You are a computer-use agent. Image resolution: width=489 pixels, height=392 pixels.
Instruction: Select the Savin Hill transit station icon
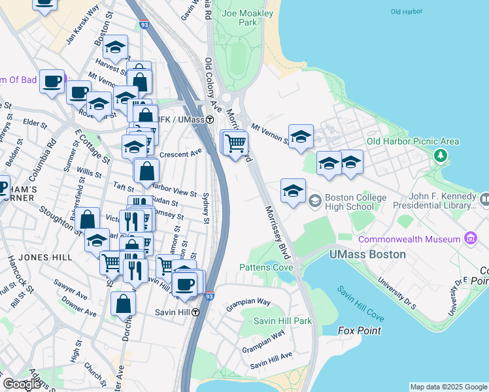(195, 312)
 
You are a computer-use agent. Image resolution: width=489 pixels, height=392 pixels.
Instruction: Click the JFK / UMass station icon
(210, 120)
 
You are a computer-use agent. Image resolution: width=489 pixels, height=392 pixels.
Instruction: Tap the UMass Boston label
(367, 254)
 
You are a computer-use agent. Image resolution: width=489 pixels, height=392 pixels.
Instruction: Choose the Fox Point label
(360, 331)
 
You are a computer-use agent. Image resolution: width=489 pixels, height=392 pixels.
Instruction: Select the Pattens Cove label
(265, 267)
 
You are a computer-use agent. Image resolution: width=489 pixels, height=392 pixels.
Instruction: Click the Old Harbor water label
(405, 12)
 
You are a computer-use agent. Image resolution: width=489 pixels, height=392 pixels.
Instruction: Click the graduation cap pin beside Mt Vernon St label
(301, 137)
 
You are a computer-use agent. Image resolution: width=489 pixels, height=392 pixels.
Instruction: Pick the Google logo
(22, 384)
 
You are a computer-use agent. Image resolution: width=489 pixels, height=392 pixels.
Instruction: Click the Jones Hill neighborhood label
(45, 257)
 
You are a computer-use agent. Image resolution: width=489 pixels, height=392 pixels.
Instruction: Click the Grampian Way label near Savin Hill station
(248, 302)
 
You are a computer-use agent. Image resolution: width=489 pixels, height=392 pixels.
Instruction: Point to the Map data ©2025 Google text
(448, 387)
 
